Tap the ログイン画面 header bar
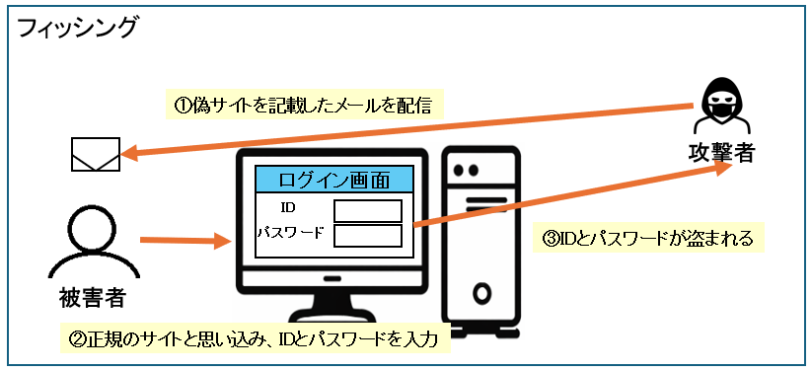point(333,180)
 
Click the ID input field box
point(367,211)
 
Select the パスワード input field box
point(367,235)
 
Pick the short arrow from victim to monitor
point(178,240)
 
